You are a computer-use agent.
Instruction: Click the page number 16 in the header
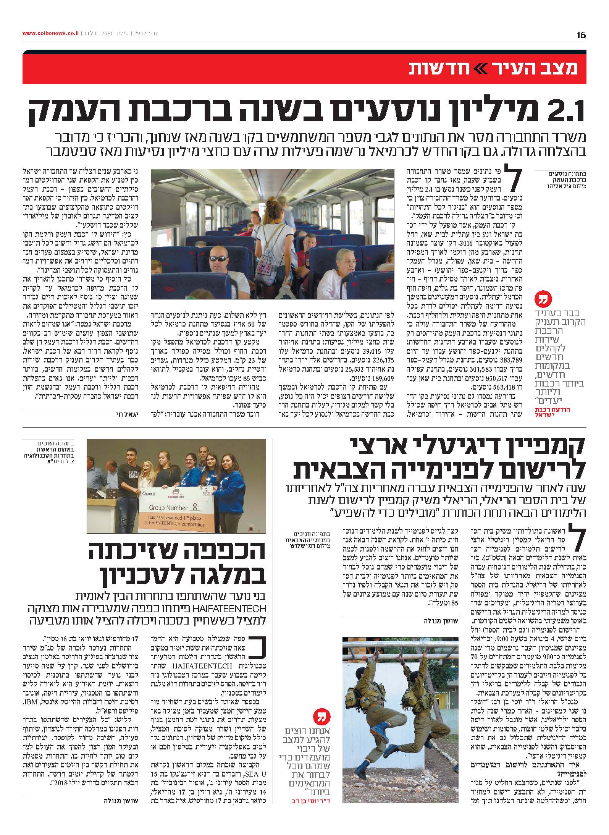tap(581, 35)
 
